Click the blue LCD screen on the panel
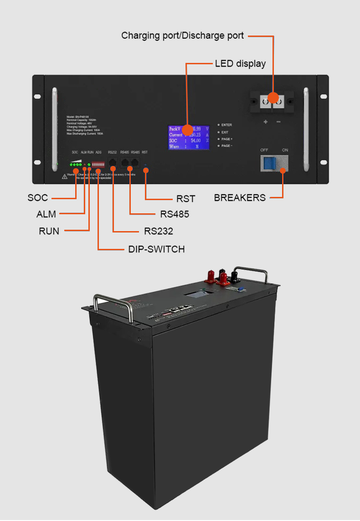pos(189,137)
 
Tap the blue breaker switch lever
pos(269,163)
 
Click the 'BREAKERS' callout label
pos(240,198)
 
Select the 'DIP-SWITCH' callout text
pos(156,249)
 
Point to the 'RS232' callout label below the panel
pos(159,231)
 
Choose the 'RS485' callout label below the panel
pos(175,214)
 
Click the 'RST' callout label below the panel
pos(185,199)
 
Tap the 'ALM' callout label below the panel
pos(46,214)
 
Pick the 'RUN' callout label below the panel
pos(49,231)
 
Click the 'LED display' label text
pos(240,64)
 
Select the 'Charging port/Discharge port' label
pos(182,36)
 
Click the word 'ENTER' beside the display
pos(226,125)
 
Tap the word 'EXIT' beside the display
pos(225,132)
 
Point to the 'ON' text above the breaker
pos(285,150)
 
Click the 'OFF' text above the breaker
pos(264,150)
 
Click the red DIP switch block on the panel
pos(98,163)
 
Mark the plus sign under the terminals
pos(266,122)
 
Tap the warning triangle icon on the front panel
pos(64,176)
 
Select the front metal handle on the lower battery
pos(113,304)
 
